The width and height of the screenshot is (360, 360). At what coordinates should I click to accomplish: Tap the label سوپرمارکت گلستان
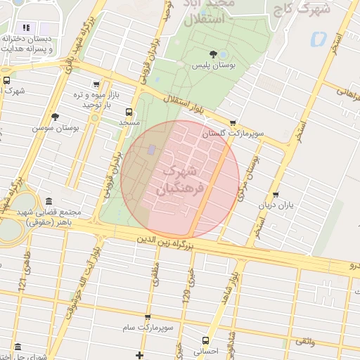click(226, 134)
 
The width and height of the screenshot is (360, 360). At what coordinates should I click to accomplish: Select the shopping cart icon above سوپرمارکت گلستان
click(233, 122)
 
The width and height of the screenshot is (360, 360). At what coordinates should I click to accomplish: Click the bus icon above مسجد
click(129, 112)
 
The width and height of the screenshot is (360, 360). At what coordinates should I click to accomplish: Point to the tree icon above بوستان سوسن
click(55, 117)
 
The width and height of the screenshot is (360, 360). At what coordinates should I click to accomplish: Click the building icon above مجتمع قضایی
click(48, 201)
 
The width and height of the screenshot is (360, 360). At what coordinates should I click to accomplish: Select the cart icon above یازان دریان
click(276, 195)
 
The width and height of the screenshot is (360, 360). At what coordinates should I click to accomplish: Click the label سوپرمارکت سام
click(148, 328)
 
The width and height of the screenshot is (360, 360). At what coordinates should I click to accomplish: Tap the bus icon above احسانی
click(198, 338)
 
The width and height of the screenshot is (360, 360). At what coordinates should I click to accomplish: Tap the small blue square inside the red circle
click(151, 150)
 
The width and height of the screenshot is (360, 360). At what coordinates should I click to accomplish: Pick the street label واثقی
click(304, 341)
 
